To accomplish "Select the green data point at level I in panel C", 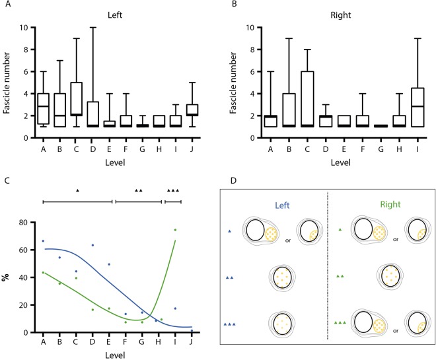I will point(175,230).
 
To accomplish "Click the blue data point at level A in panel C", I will point(43,241).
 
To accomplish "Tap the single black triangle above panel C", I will point(77,190).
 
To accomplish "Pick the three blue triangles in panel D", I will point(229,324).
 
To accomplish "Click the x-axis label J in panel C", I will point(192,341).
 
